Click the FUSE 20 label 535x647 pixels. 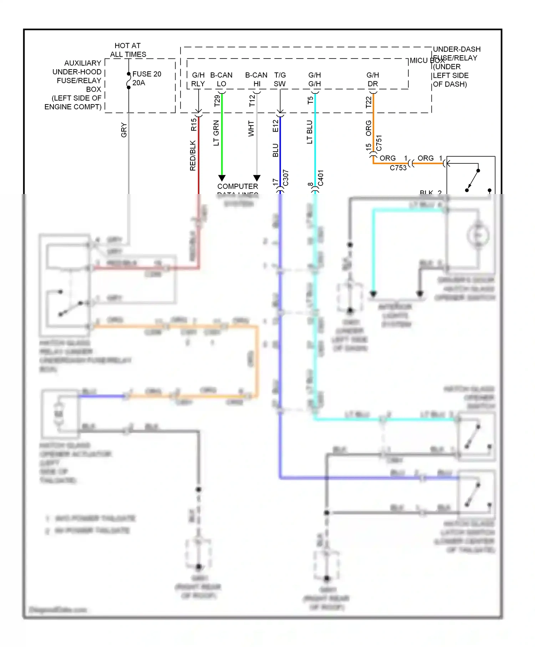point(147,74)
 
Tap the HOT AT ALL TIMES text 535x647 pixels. point(128,50)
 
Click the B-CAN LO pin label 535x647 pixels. point(221,80)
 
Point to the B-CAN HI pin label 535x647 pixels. point(256,80)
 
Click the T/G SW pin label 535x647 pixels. point(280,80)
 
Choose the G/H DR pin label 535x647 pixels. point(372,80)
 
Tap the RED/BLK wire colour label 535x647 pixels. point(193,156)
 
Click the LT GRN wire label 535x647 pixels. point(216,133)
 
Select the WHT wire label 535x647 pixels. point(251,128)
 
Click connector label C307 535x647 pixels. point(285,178)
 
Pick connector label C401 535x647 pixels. point(320,178)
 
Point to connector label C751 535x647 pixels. point(379,143)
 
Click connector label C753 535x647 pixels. point(398,168)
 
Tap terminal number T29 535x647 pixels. point(217,101)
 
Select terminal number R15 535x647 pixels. point(193,125)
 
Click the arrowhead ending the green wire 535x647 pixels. point(222,178)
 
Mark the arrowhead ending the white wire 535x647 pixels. point(257,178)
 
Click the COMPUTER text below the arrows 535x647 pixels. point(238,187)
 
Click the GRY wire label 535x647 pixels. point(123,130)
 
